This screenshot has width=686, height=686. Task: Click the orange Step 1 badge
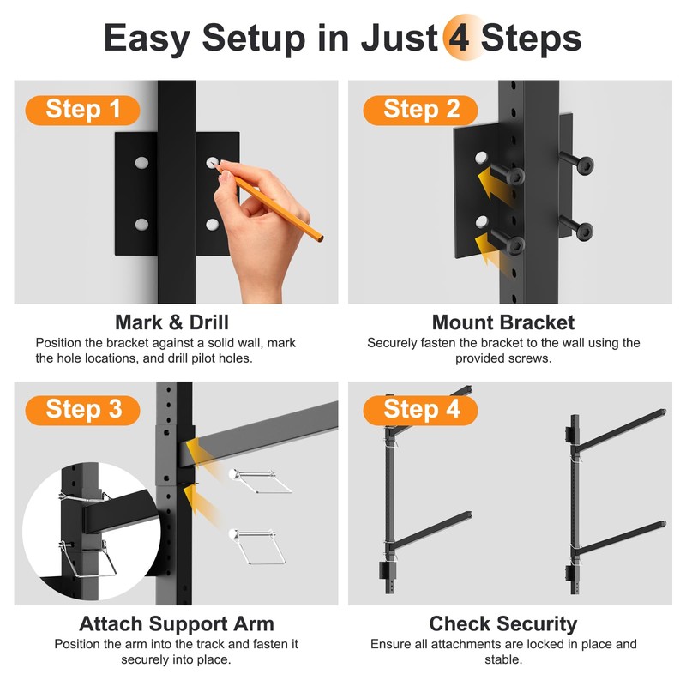(82, 111)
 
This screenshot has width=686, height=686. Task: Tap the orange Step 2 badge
(420, 111)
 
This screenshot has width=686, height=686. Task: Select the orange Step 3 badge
(82, 411)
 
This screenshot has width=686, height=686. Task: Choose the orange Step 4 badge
(420, 411)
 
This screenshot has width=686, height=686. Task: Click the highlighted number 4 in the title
(460, 39)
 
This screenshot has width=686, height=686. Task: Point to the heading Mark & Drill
(172, 322)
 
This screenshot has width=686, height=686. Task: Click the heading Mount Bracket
(503, 322)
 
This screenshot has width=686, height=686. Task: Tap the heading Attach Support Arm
(177, 624)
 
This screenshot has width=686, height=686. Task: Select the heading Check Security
(503, 624)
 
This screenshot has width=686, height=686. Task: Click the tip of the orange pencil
(213, 163)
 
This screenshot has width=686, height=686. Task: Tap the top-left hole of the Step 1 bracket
(141, 163)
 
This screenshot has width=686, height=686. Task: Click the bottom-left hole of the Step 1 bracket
(141, 225)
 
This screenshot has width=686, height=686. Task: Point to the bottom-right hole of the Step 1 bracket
(212, 225)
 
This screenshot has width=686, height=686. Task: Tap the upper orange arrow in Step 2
(494, 187)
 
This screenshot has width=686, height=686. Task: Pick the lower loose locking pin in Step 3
(257, 546)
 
